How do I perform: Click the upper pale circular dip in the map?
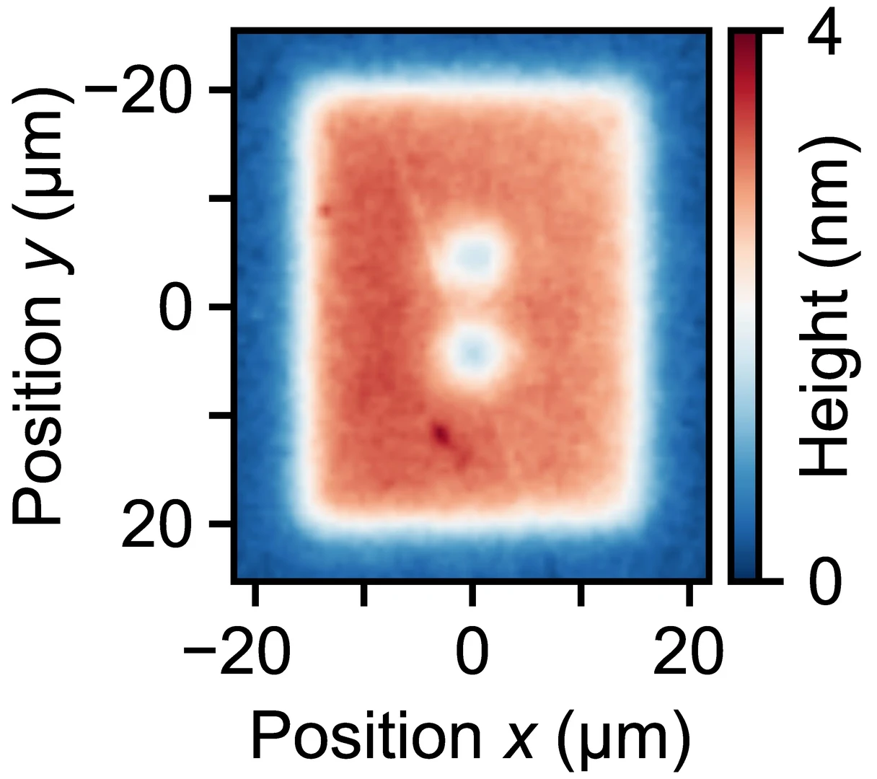pyautogui.click(x=473, y=255)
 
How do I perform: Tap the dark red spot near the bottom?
pyautogui.click(x=441, y=433)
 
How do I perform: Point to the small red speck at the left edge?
pyautogui.click(x=325, y=211)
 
